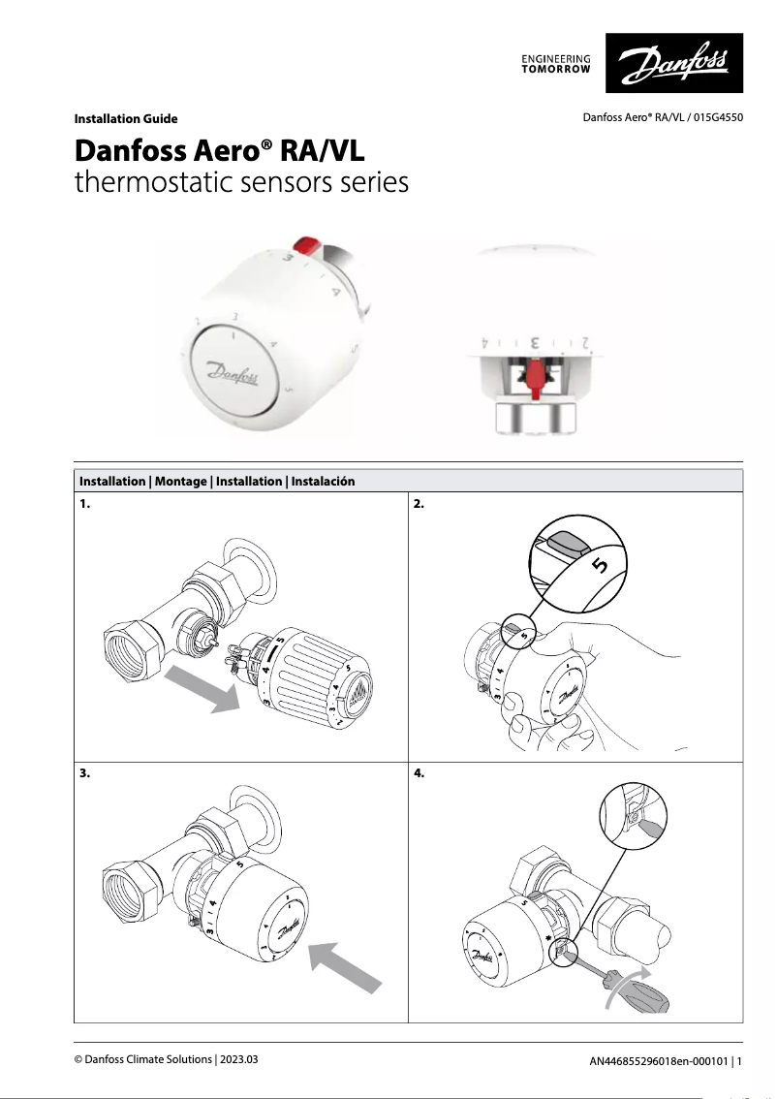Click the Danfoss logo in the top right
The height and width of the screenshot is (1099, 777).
point(674,65)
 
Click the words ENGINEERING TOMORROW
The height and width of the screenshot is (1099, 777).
point(556,64)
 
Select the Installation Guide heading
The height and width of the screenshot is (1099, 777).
point(126,119)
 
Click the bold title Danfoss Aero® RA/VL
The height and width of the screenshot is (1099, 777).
point(220,152)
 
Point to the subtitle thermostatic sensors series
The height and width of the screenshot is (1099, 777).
point(241,182)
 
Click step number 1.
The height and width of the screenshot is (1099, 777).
point(84,505)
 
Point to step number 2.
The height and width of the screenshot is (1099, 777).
point(419,505)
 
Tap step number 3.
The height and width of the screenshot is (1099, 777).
point(84,774)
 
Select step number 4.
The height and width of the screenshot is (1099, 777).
point(419,774)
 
